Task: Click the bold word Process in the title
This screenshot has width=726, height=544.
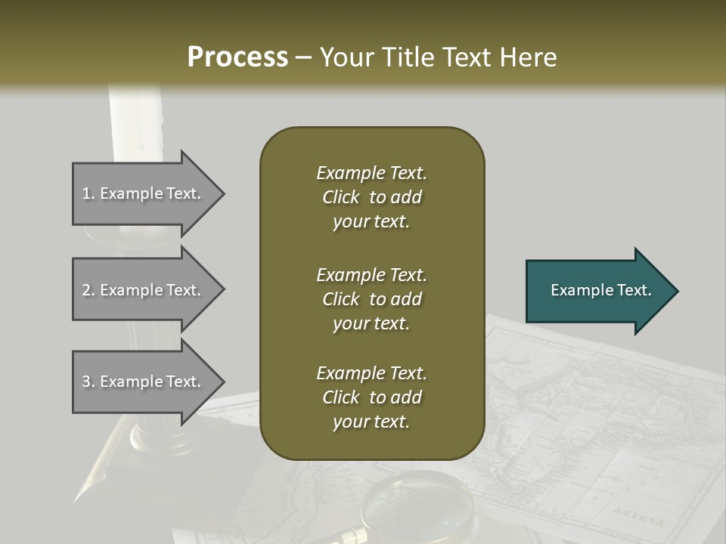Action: tap(237, 57)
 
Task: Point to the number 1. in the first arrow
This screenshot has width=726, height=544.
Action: tap(88, 193)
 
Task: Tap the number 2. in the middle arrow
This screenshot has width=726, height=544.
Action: tap(88, 290)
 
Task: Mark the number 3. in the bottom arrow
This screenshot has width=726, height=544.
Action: tap(88, 382)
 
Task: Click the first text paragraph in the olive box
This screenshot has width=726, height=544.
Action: tap(371, 197)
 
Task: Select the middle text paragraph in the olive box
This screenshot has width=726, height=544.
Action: tap(371, 299)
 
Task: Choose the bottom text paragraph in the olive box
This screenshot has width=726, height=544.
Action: tap(371, 397)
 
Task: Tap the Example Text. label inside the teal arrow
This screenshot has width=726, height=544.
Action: tap(601, 290)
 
